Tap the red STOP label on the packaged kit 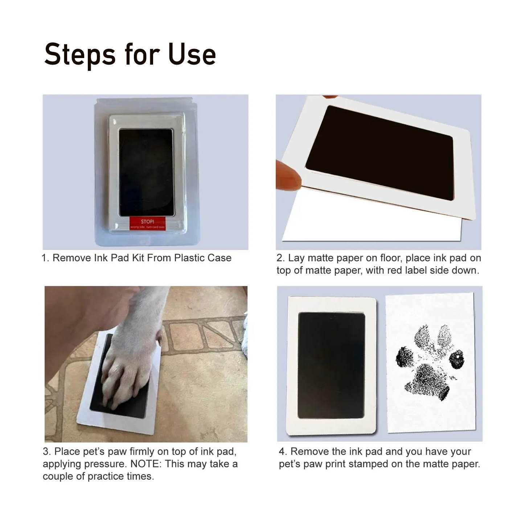(x=147, y=223)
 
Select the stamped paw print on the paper (x=430, y=363)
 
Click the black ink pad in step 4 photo (x=331, y=365)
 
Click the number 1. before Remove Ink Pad (x=45, y=258)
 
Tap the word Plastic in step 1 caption (x=189, y=258)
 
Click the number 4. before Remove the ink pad (x=283, y=452)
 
